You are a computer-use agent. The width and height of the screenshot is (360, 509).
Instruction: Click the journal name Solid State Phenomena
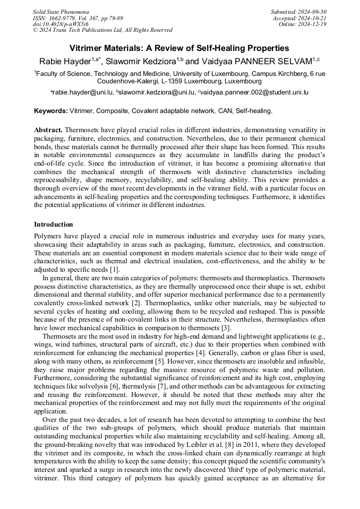[61, 12]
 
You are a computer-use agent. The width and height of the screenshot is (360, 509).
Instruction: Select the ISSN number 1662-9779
[64, 18]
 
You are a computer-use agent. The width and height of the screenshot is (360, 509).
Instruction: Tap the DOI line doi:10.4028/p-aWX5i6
[61, 24]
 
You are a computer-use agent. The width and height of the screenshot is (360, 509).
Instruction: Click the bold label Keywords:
[51, 111]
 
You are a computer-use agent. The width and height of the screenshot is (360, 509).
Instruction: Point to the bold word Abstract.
[49, 130]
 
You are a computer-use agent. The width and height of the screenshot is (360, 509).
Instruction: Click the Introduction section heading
[54, 225]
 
